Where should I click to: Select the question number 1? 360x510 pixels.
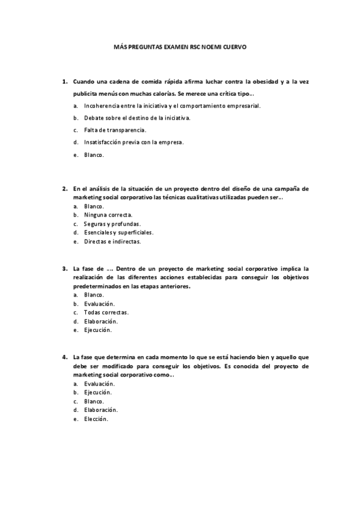tap(64, 81)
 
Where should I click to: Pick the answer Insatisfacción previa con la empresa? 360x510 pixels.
tap(134, 143)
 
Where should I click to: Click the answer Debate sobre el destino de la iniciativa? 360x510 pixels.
tap(137, 118)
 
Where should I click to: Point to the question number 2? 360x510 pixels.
tap(64, 188)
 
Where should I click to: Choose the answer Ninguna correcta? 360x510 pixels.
tap(109, 215)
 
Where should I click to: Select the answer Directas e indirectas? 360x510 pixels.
tap(112, 241)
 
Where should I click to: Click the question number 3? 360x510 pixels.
tap(64, 269)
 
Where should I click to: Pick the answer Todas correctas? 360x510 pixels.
tap(106, 313)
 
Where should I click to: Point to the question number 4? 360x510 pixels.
tap(64, 357)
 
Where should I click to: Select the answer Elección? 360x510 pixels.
tap(96, 419)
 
